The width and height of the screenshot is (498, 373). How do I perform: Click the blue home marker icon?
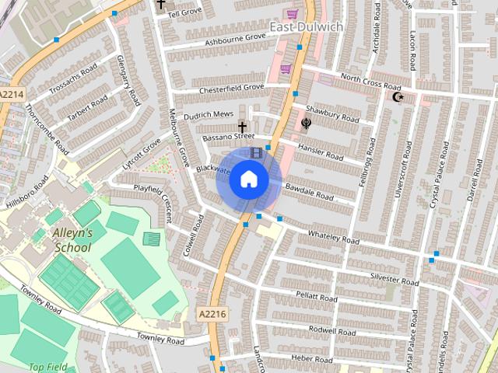click(x=248, y=180)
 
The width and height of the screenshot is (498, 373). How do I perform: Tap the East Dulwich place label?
click(x=306, y=27)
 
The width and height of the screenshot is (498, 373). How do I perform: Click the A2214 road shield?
click(x=12, y=94)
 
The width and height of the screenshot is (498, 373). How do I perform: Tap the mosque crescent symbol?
click(x=398, y=97)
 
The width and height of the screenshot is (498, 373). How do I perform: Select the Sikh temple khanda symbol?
click(x=306, y=123)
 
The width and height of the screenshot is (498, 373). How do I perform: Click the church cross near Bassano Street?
click(x=242, y=127)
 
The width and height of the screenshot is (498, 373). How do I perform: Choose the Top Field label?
click(x=48, y=367)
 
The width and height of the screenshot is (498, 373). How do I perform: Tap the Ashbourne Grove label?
click(x=232, y=38)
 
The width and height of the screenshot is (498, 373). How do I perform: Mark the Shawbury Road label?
click(x=332, y=113)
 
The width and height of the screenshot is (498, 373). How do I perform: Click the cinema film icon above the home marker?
click(x=256, y=152)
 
